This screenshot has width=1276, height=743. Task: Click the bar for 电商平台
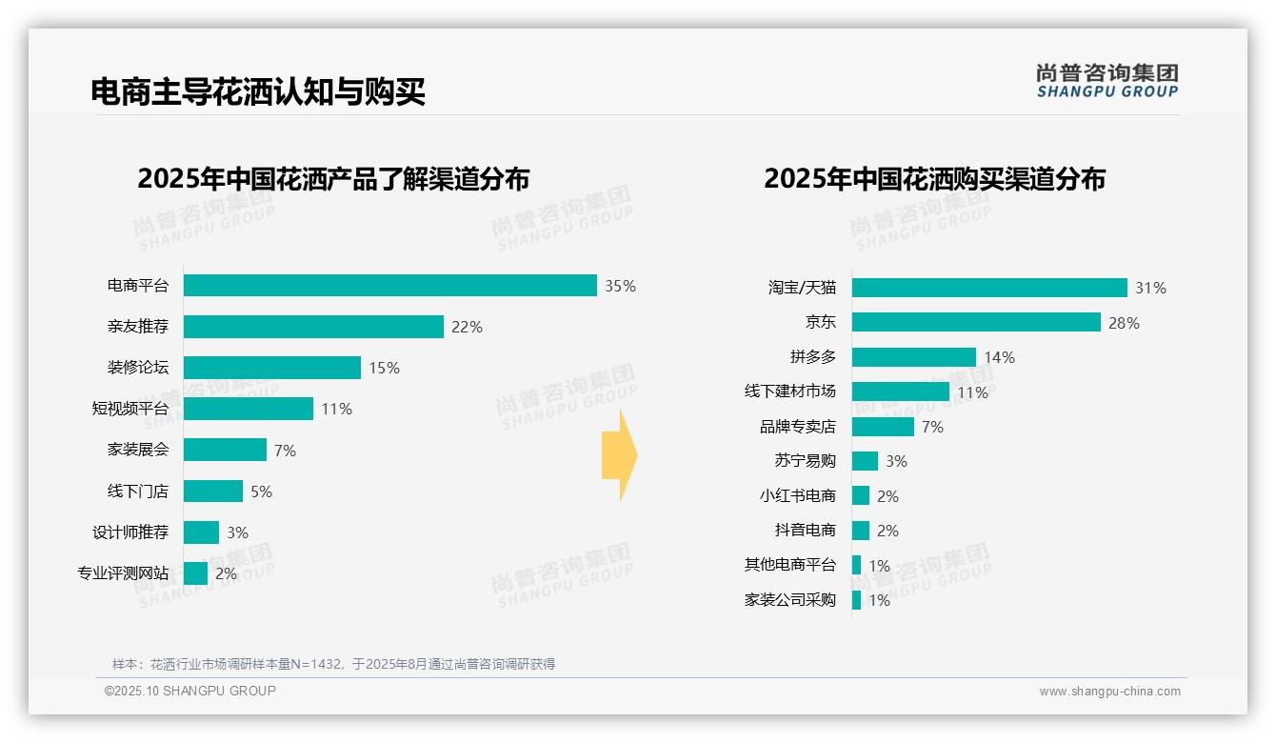(389, 286)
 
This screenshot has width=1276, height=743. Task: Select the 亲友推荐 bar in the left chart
(313, 327)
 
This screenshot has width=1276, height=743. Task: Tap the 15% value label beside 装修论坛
(384, 368)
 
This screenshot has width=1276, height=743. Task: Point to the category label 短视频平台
(130, 409)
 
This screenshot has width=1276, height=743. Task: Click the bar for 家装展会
(225, 450)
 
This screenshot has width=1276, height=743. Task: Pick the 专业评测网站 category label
(123, 573)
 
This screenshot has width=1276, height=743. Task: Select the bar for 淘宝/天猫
(989, 288)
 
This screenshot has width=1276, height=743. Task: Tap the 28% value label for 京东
(1124, 323)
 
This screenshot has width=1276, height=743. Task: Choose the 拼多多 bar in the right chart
(914, 357)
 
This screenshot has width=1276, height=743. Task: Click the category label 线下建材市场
(789, 392)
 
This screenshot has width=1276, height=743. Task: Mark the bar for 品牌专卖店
(883, 427)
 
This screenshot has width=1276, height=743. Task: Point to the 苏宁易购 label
(805, 461)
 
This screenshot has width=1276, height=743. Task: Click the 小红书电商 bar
(861, 495)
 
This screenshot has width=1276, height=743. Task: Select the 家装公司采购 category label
(789, 600)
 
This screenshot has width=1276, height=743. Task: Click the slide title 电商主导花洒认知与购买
(257, 91)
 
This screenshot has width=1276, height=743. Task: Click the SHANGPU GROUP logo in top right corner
(1107, 81)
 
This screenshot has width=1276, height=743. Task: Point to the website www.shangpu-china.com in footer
(1109, 692)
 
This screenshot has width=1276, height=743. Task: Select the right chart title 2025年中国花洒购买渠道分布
(934, 179)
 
